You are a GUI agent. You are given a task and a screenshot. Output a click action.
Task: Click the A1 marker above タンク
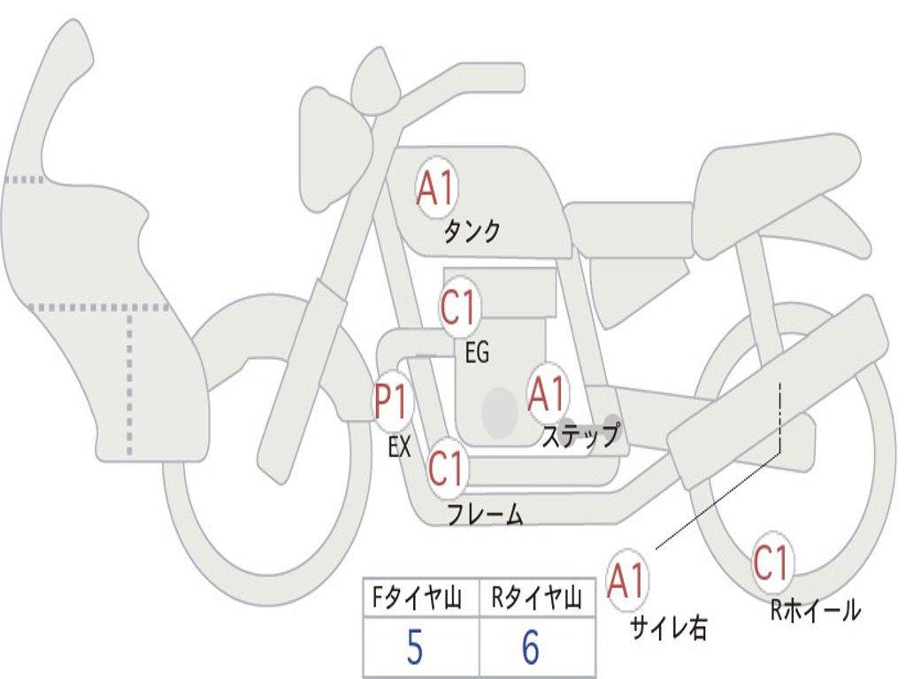435,189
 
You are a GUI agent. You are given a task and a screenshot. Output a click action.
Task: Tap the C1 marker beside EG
458,309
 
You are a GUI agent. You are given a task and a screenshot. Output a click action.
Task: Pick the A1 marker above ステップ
547,394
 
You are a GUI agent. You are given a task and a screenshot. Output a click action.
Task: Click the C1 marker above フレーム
447,468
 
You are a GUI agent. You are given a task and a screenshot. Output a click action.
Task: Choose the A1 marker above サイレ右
627,581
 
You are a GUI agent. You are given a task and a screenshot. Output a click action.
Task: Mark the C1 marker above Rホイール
772,562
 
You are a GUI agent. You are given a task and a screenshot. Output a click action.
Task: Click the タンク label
472,232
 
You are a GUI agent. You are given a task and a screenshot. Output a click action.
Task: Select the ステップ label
581,435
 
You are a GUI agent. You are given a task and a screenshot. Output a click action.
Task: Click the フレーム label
485,515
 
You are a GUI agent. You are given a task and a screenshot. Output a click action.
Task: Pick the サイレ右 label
668,628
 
